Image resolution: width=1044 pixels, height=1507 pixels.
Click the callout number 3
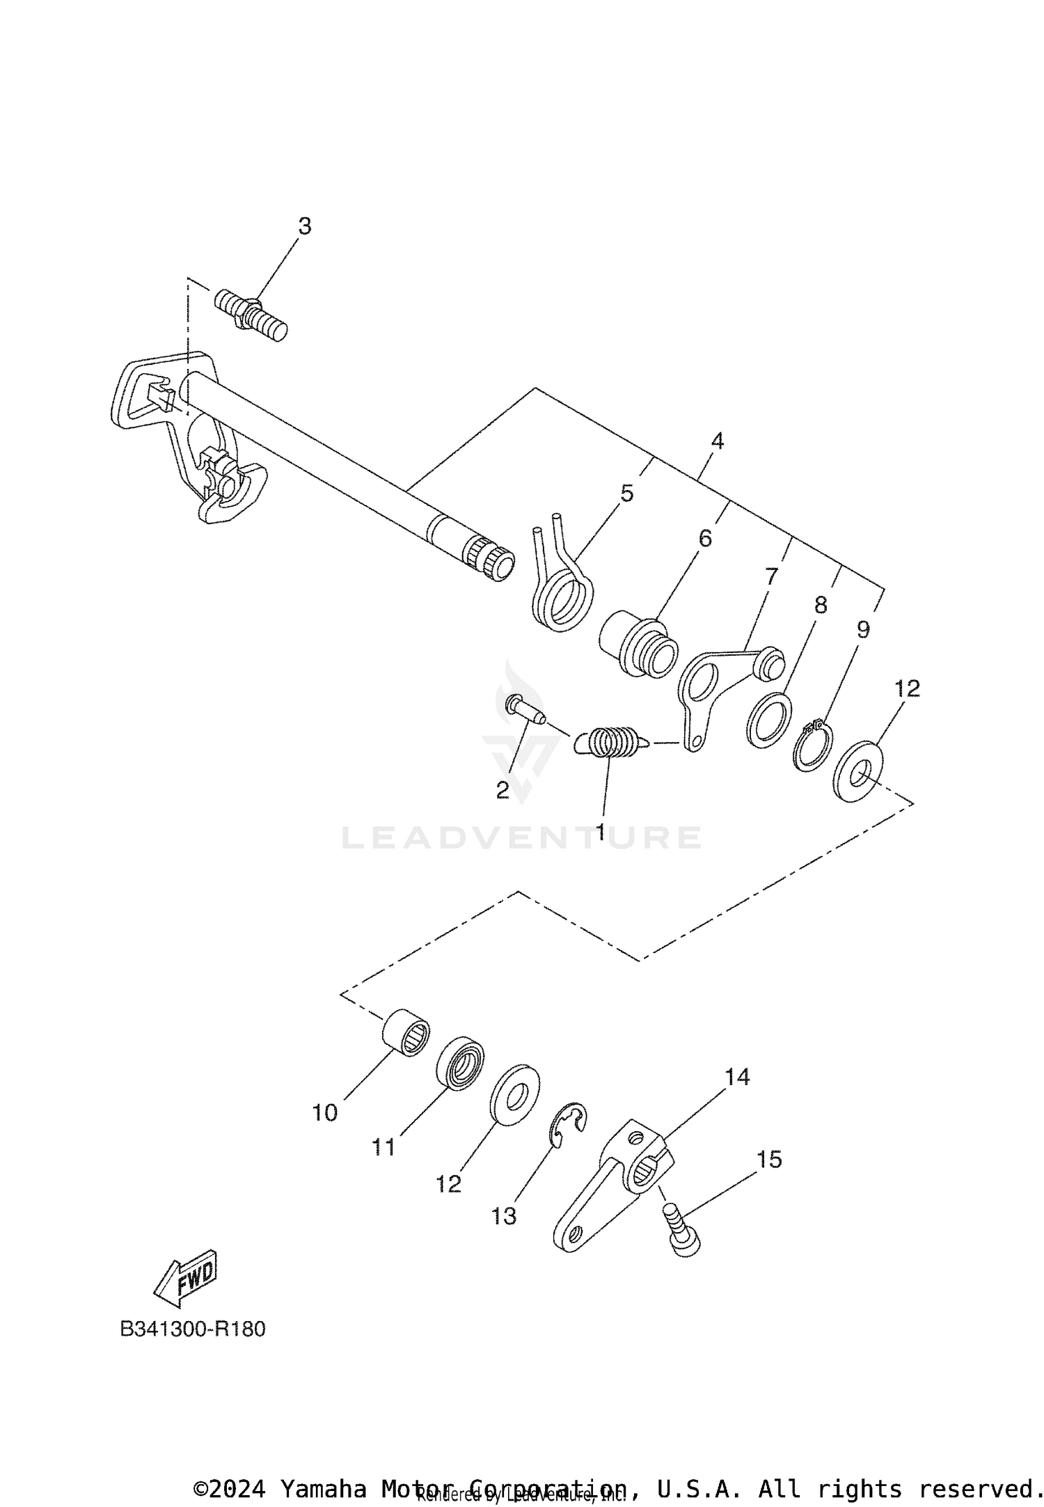click(305, 227)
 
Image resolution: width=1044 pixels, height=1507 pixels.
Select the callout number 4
click(717, 441)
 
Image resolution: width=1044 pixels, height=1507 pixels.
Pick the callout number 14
click(737, 1078)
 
